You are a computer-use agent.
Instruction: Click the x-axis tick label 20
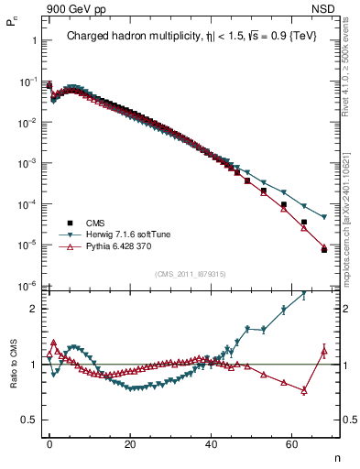(x=130, y=442)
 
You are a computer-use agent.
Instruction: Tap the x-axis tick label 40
(x=211, y=442)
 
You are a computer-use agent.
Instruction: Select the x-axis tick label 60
(x=291, y=442)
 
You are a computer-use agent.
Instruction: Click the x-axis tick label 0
(x=49, y=442)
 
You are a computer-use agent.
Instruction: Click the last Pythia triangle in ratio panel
(x=324, y=349)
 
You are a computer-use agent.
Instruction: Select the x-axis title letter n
(x=336, y=456)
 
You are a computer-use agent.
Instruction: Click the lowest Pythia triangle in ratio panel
(x=304, y=390)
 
